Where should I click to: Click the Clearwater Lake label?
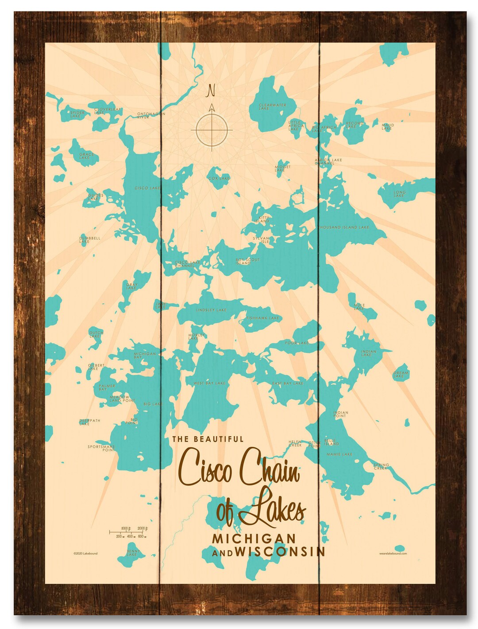(272, 106)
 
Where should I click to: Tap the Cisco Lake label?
(147, 188)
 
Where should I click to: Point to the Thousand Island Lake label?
(343, 227)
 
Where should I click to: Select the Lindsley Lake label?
(211, 310)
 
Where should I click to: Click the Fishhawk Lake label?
(263, 318)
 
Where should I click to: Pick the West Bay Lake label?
(209, 383)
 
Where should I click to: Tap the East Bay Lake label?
(288, 383)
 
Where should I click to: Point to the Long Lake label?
(399, 194)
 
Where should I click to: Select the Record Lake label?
(354, 125)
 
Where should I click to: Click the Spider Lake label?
(77, 114)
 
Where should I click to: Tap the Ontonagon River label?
(150, 115)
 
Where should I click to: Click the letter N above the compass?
(211, 90)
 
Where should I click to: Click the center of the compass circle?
(212, 130)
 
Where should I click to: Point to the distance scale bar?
(128, 532)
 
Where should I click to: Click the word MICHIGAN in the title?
(254, 538)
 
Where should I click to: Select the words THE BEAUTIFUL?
(208, 439)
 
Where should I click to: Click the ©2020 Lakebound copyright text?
(86, 553)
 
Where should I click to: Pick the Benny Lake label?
(132, 553)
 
